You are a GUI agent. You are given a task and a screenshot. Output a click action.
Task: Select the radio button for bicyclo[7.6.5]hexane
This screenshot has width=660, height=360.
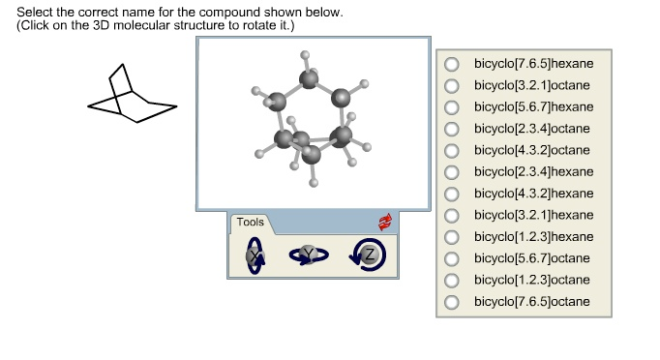coord(452,64)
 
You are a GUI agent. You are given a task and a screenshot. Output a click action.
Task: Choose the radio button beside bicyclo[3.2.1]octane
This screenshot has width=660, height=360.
coord(452,85)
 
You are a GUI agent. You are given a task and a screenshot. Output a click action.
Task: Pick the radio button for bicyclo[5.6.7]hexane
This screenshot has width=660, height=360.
coord(452,107)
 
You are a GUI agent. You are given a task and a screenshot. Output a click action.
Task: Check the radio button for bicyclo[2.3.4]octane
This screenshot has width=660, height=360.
coord(452,129)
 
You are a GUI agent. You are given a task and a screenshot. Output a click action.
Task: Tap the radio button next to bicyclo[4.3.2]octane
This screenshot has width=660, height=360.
coord(452,151)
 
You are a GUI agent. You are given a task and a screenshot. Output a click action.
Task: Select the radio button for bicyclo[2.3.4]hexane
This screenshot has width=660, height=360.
coord(452,172)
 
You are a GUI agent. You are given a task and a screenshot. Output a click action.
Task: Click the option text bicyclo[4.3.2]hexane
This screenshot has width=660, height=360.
coord(533,194)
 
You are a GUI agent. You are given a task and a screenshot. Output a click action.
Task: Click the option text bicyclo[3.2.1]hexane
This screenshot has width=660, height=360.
coord(533,215)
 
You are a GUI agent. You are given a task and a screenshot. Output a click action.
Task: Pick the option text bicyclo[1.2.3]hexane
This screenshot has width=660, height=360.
coord(533,237)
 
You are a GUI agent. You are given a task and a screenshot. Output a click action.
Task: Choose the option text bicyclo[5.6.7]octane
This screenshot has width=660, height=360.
coord(531,258)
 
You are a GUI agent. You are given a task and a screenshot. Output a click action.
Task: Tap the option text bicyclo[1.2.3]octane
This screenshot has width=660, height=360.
coord(531,280)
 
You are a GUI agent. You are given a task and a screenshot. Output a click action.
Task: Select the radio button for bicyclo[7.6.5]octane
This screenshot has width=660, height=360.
coord(452,302)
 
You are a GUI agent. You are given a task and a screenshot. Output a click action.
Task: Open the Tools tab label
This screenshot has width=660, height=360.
coord(250,224)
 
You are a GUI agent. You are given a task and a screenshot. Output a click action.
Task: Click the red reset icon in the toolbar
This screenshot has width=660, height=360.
coord(386,223)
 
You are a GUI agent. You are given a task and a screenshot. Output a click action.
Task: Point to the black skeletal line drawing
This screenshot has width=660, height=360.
coord(131,96)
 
